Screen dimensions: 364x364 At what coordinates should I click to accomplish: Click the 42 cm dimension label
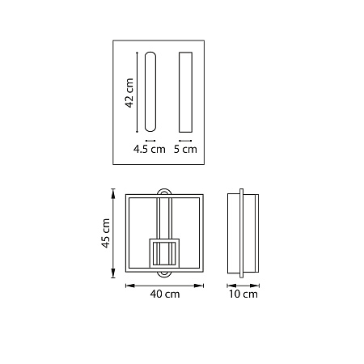[129, 93]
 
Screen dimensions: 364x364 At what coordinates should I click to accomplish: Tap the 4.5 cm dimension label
[150, 149]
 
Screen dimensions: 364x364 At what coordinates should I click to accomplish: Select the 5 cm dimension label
[185, 149]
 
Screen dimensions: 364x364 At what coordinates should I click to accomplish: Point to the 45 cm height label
[106, 233]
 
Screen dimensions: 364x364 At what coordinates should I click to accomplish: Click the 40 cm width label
[165, 294]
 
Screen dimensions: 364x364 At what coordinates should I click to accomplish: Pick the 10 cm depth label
[243, 294]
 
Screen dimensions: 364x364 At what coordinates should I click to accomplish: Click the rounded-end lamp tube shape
[150, 91]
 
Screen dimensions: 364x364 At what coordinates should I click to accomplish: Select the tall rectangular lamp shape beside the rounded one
[186, 92]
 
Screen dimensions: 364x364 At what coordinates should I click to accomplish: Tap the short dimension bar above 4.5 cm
[150, 141]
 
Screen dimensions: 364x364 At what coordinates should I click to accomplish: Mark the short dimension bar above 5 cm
[185, 141]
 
